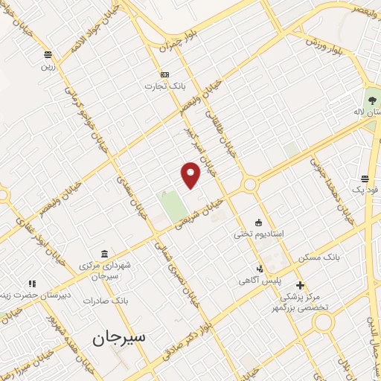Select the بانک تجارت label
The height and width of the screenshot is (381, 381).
tap(164, 86)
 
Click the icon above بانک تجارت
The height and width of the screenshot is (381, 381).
tap(164, 74)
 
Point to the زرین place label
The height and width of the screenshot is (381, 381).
tap(47, 65)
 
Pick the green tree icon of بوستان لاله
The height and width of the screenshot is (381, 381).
tap(371, 97)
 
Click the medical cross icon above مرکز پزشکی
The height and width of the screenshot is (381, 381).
tap(299, 285)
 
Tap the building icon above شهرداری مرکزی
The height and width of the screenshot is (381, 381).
tap(103, 254)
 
